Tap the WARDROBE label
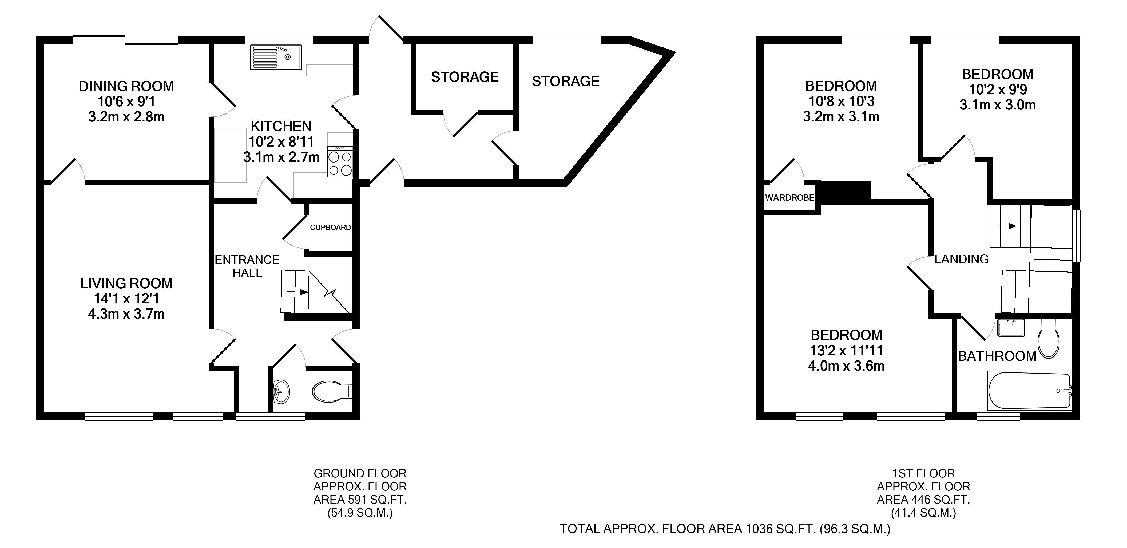point(790,197)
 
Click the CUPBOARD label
point(330,227)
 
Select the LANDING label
point(962,259)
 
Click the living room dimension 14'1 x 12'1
point(126,298)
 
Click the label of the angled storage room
point(565,81)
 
